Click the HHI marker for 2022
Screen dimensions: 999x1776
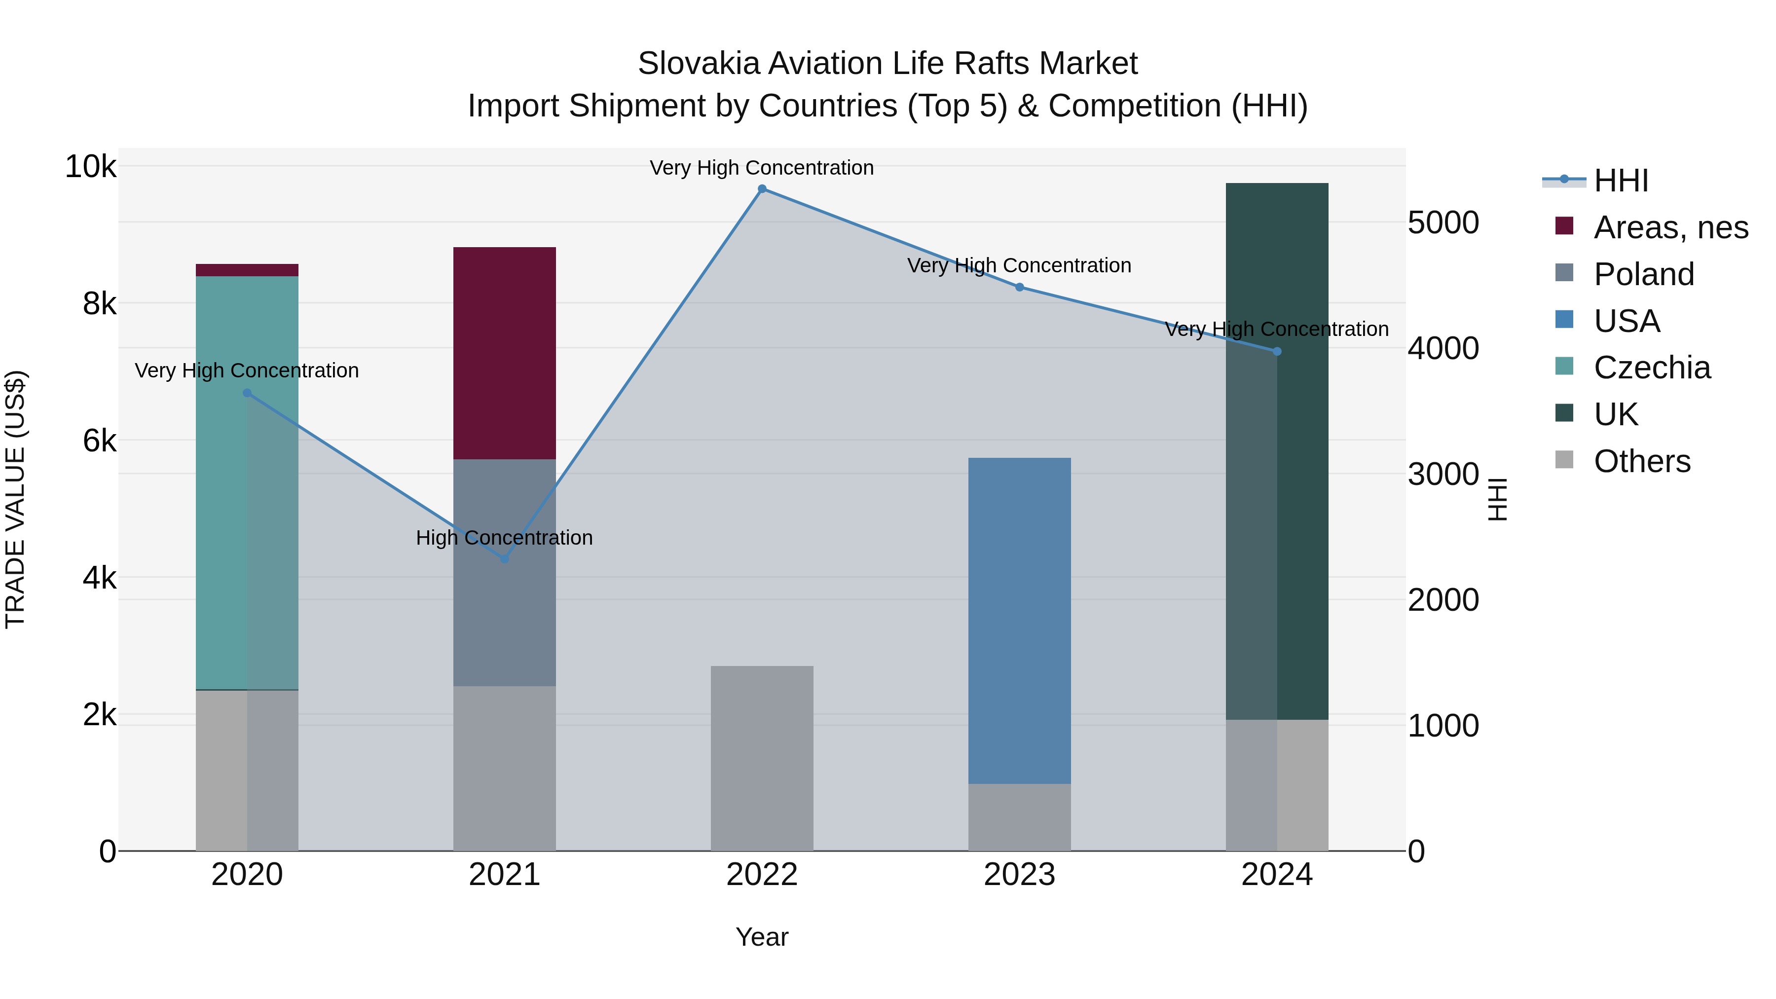(x=762, y=189)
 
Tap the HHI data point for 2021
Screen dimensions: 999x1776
(x=505, y=559)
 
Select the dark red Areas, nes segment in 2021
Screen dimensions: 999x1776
(x=505, y=353)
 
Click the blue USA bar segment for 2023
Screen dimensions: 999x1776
(x=1019, y=621)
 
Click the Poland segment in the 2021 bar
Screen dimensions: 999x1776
(x=505, y=572)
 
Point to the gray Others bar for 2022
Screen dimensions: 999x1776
(x=762, y=758)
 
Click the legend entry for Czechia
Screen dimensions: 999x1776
(x=1652, y=368)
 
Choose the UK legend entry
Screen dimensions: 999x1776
(x=1615, y=414)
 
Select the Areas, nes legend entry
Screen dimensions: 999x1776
(x=1670, y=227)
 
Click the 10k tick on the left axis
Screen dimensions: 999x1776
(x=90, y=167)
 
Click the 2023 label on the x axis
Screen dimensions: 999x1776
(x=1019, y=875)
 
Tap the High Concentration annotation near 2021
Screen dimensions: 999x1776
(x=504, y=538)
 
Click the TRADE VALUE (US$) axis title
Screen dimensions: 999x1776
(x=15, y=499)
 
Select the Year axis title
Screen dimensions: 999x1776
(x=762, y=937)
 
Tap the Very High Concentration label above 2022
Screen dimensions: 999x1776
(x=762, y=168)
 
